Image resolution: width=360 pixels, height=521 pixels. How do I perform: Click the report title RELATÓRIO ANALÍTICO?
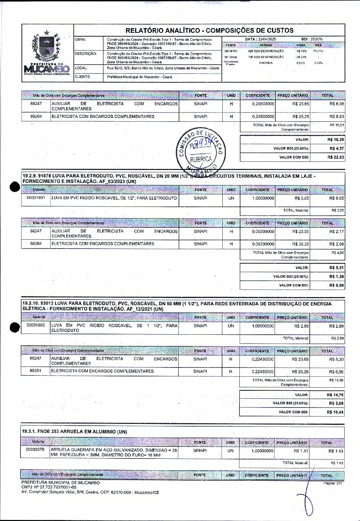coord(209,30)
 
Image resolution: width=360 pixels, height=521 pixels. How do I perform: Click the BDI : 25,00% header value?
coord(311,39)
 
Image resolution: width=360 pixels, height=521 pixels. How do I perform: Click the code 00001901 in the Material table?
coord(36,198)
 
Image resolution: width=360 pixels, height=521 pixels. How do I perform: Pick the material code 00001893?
coord(36,325)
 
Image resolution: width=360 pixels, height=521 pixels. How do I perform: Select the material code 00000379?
coord(35,450)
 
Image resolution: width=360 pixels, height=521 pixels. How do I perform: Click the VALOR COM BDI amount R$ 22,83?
coord(335,157)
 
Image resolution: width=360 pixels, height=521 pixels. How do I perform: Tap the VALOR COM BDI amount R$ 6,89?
coord(336,285)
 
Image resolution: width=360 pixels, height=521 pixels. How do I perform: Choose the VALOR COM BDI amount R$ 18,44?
coord(335,412)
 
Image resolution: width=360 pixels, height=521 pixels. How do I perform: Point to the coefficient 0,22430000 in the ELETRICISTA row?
coord(263,372)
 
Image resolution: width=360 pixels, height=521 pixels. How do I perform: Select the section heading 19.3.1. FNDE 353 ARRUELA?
coord(74,432)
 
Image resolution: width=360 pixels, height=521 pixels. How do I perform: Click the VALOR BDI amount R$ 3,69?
coord(336,403)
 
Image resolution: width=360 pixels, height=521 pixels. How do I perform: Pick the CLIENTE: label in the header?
coord(83,77)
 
